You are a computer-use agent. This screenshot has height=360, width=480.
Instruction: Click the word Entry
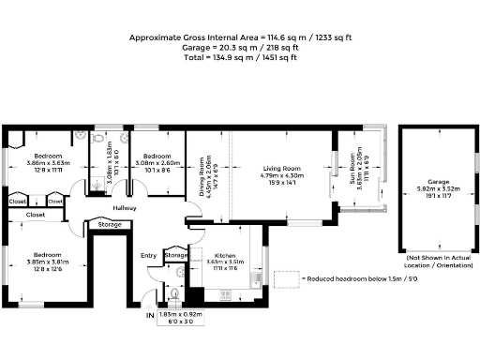pos(149,255)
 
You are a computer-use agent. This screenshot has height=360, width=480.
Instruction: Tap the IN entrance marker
pos(148,316)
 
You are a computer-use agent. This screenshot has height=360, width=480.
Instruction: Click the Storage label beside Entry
pos(175,255)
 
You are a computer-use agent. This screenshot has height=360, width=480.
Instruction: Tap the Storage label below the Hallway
pos(111,225)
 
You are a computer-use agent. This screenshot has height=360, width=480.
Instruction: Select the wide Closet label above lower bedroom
pos(36,215)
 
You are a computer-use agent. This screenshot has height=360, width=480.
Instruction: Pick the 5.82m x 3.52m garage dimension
pos(438,190)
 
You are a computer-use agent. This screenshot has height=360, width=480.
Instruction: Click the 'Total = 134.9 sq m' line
pos(239,57)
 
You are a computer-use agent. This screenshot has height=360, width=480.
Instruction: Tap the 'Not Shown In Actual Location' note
pos(438,260)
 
